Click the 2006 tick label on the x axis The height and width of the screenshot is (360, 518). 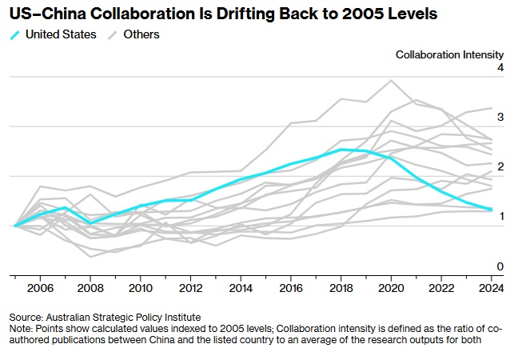coord(40,288)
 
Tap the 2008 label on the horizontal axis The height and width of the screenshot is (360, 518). coord(91,288)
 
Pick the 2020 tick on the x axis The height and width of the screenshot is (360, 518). coord(391,288)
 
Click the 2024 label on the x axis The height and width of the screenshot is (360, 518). coord(491,288)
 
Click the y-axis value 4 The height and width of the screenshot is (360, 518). coord(500,69)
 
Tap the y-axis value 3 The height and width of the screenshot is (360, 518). coord(500,118)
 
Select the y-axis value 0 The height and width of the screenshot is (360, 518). coord(500,266)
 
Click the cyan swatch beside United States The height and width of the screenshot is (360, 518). coord(14,34)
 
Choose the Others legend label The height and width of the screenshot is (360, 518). coord(141,34)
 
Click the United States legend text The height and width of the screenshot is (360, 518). coord(61,34)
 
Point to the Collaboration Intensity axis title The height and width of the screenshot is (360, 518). coord(450,54)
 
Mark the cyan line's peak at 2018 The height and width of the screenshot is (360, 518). coord(341,150)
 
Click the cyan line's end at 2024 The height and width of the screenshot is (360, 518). coord(491,210)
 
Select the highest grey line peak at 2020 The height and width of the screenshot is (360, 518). coord(391,80)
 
